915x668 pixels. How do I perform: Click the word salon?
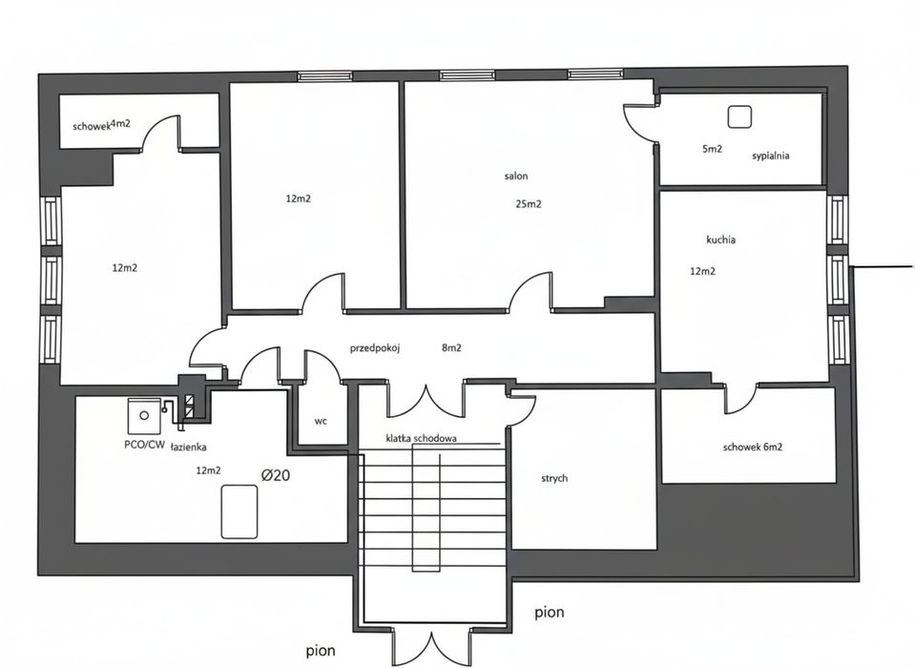point(516,176)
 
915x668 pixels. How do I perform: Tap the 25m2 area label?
point(529,203)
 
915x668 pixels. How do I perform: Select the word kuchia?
point(720,240)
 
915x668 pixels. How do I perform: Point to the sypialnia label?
point(771,155)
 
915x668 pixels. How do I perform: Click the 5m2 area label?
point(712,149)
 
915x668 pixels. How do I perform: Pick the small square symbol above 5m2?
point(739,116)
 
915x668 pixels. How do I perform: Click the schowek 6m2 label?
point(753,446)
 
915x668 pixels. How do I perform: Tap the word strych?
point(553,478)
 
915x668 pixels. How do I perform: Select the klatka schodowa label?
point(421,439)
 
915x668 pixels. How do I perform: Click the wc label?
point(321,420)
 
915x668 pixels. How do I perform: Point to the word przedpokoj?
point(374,348)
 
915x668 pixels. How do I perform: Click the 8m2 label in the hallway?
point(451,348)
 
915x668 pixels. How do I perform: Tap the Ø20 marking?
point(276,474)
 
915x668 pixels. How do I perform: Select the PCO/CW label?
point(143,445)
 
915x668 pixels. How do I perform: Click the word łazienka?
point(189,446)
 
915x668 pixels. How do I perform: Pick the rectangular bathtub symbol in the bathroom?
point(240,511)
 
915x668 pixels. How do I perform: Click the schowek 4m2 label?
point(101,125)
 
